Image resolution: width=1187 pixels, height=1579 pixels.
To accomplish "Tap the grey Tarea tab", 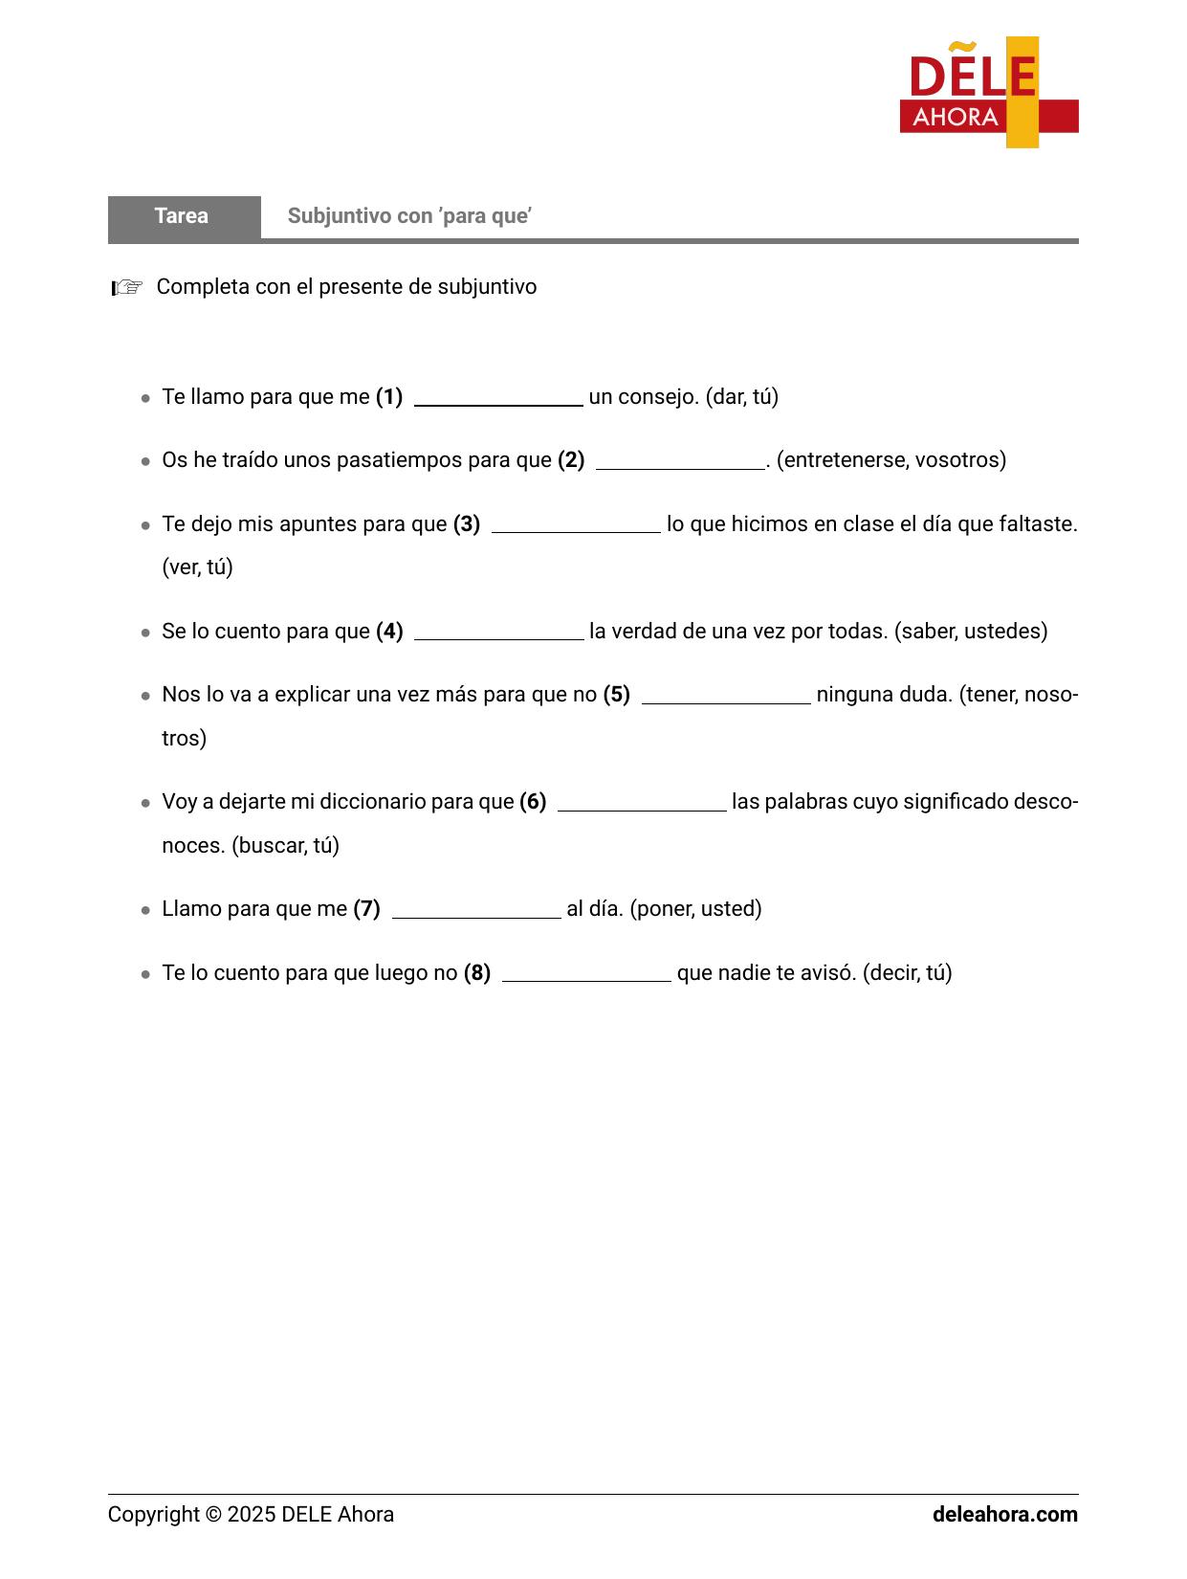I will pos(183,216).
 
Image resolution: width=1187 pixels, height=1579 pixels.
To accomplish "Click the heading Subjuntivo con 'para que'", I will pos(409,216).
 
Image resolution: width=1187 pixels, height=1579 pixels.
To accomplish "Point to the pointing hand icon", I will pos(127,287).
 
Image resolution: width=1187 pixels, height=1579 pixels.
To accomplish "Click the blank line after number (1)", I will pos(497,399).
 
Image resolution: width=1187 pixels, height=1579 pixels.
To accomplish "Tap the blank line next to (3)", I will pos(575,526).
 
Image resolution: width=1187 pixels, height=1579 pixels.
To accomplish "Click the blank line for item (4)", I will pos(497,634).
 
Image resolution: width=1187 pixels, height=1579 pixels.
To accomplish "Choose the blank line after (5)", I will pos(725,697).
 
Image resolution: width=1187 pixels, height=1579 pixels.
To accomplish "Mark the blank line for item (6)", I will pos(642,804).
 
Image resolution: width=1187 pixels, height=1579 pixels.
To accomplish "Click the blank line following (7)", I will pos(475,911).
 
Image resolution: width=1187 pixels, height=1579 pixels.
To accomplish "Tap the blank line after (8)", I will pos(585,975).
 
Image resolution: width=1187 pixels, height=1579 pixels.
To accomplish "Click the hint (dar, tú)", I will pos(741,397).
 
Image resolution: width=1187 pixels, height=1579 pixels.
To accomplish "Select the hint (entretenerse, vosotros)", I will pos(890,460).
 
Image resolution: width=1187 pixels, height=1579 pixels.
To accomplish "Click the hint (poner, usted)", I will pos(695,909).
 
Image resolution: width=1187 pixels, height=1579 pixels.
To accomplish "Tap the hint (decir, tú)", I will pos(907,973).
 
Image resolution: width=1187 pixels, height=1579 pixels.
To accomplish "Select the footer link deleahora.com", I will pos(1004,1515).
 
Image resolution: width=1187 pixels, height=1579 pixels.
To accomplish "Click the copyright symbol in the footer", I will pos(212,1515).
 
